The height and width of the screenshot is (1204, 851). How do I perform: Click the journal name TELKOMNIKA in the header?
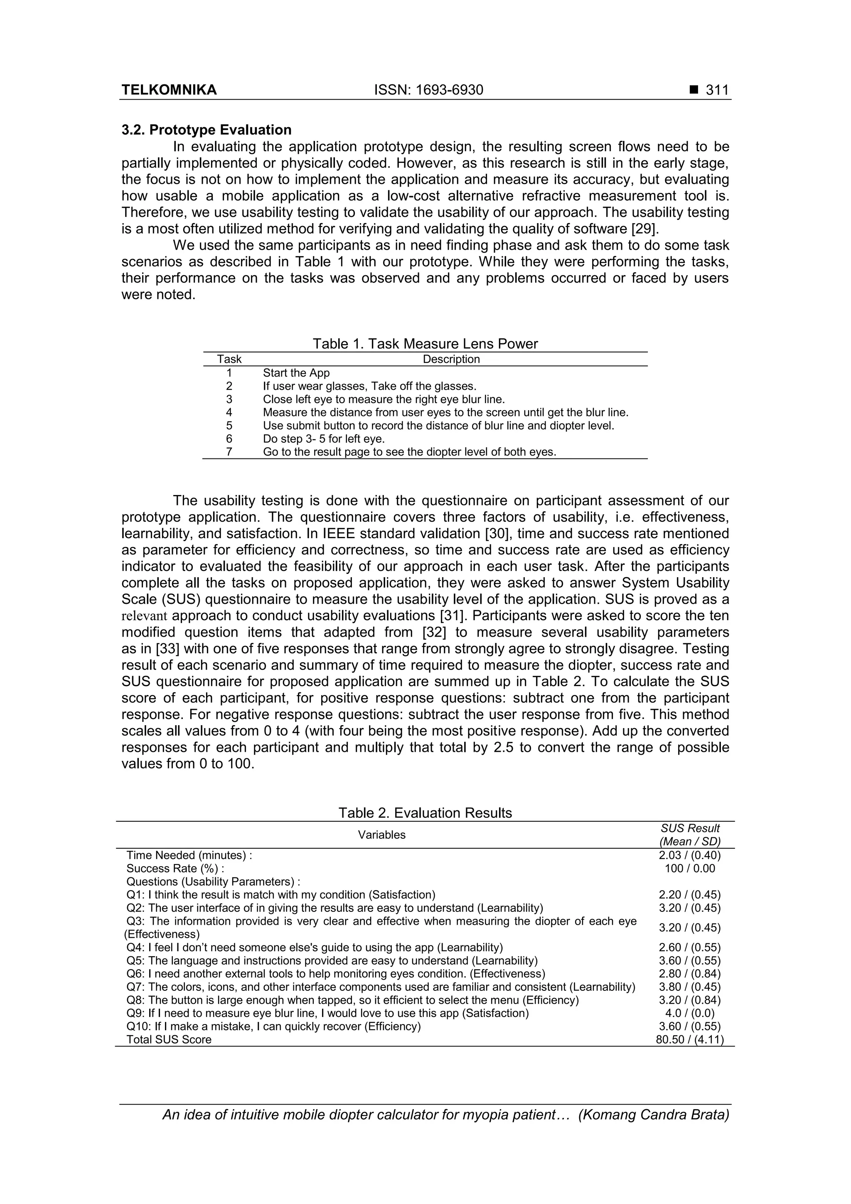tap(169, 90)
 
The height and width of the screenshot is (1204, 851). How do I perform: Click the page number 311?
tap(717, 90)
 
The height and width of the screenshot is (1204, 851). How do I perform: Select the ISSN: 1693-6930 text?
tap(428, 90)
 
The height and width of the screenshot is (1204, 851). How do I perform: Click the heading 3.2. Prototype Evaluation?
tap(207, 130)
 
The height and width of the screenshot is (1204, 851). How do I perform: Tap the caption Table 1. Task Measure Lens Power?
tap(425, 344)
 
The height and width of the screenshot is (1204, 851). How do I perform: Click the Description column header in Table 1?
tap(451, 359)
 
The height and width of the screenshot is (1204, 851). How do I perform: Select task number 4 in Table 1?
tap(229, 412)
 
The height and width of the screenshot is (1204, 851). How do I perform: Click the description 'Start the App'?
tap(296, 373)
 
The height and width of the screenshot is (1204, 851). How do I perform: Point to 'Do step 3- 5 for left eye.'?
tap(324, 438)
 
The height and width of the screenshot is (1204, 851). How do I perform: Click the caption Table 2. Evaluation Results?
tap(425, 813)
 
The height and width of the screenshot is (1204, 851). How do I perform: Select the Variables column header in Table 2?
tap(382, 835)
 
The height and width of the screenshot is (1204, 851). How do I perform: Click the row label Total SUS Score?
tap(169, 1039)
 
